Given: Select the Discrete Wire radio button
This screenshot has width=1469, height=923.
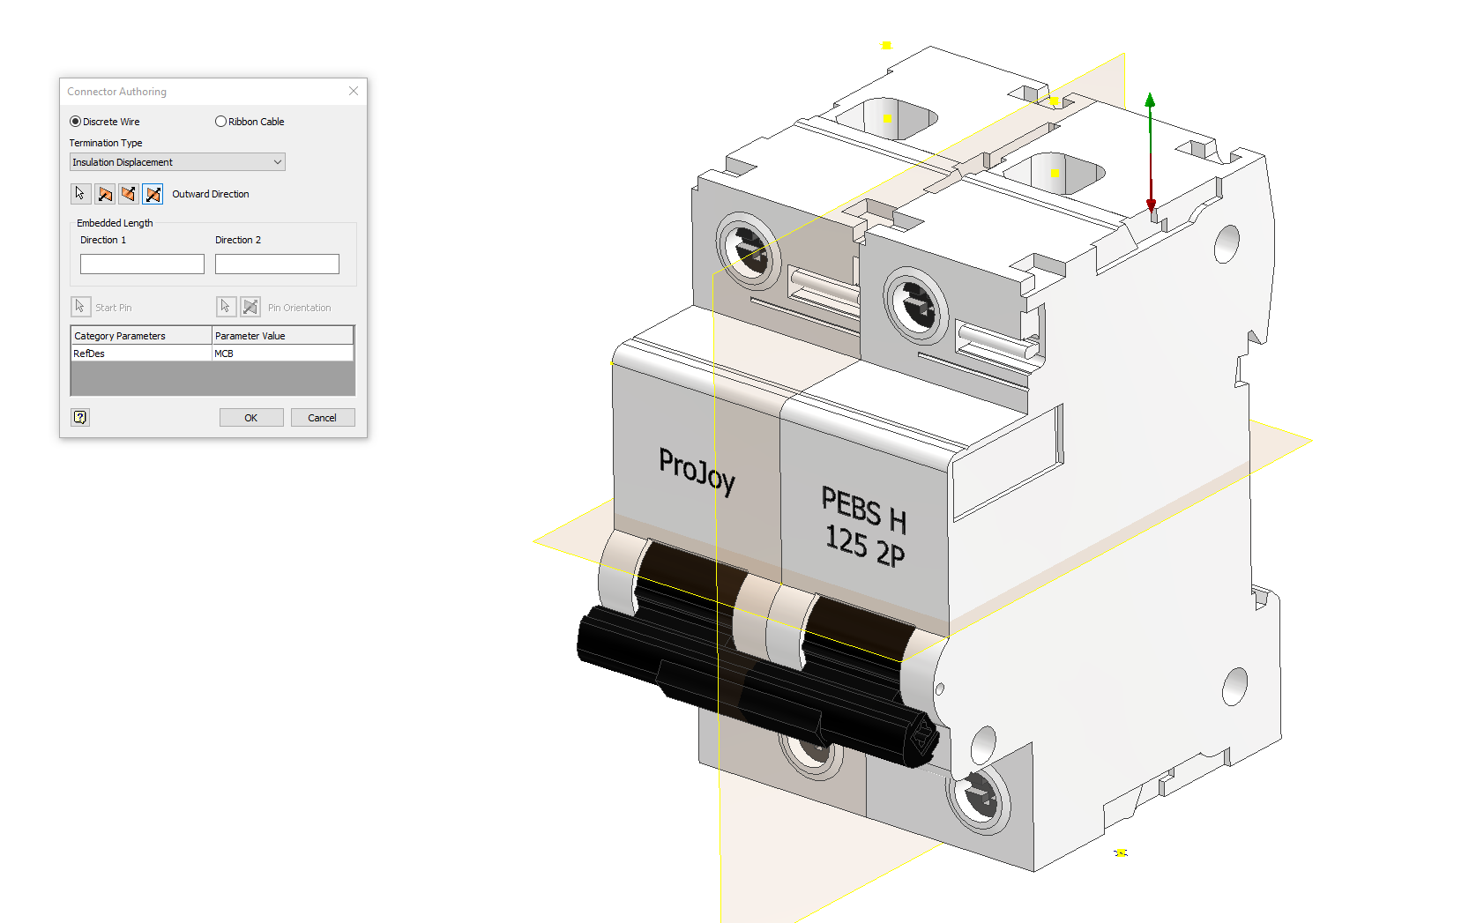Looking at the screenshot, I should pos(76,122).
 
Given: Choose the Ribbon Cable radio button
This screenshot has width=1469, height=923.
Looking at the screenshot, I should pos(221,122).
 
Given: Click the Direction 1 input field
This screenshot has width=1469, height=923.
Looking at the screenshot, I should pos(142,264).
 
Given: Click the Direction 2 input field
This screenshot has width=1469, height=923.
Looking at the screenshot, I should pos(277,264).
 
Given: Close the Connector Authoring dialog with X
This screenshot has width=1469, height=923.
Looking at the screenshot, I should pos(354,91).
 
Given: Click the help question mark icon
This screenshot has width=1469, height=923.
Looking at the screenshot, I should pos(80,417).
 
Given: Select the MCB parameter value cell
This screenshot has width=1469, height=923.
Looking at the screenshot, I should pos(282,354).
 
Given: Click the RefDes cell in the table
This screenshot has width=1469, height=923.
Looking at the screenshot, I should pos(141,354).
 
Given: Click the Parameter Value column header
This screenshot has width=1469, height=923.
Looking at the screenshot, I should pos(282,336).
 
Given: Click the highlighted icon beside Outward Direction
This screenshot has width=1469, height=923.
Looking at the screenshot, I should pos(153,194).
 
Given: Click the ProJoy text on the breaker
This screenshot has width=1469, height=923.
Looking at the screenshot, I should pos(697,471).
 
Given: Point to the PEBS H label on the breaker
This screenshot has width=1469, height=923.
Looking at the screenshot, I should pos(863,510).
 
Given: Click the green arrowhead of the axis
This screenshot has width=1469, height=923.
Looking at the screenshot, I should pos(1150,100).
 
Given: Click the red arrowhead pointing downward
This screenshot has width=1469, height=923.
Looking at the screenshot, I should pos(1151,205).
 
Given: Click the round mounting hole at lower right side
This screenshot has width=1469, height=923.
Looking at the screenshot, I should pos(1234,686).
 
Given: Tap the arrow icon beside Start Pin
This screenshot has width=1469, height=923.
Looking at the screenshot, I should pos(80,307).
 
